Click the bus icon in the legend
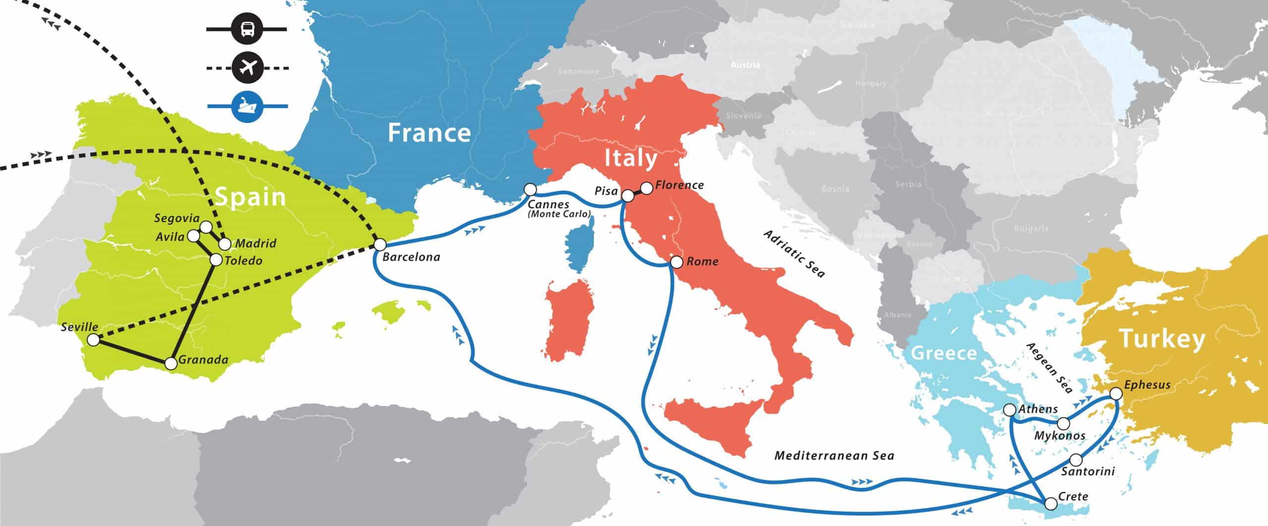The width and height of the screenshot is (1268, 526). (x=246, y=30)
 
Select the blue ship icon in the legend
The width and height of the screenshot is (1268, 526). (x=246, y=106)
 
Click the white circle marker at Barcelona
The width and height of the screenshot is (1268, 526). (x=380, y=245)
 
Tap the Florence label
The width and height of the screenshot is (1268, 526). (x=679, y=185)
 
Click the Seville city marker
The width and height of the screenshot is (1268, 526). (x=93, y=340)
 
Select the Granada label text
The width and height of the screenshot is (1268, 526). (x=203, y=359)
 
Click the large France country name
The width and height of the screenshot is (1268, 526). (x=429, y=133)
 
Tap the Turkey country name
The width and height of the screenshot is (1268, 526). (x=1162, y=339)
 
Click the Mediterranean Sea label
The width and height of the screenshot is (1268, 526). (x=834, y=456)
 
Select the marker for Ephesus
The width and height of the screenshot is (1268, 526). (x=1115, y=394)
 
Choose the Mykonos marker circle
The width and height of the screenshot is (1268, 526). (x=1063, y=424)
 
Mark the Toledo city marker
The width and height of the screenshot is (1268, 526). (x=216, y=259)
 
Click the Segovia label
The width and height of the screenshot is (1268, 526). (x=177, y=218)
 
